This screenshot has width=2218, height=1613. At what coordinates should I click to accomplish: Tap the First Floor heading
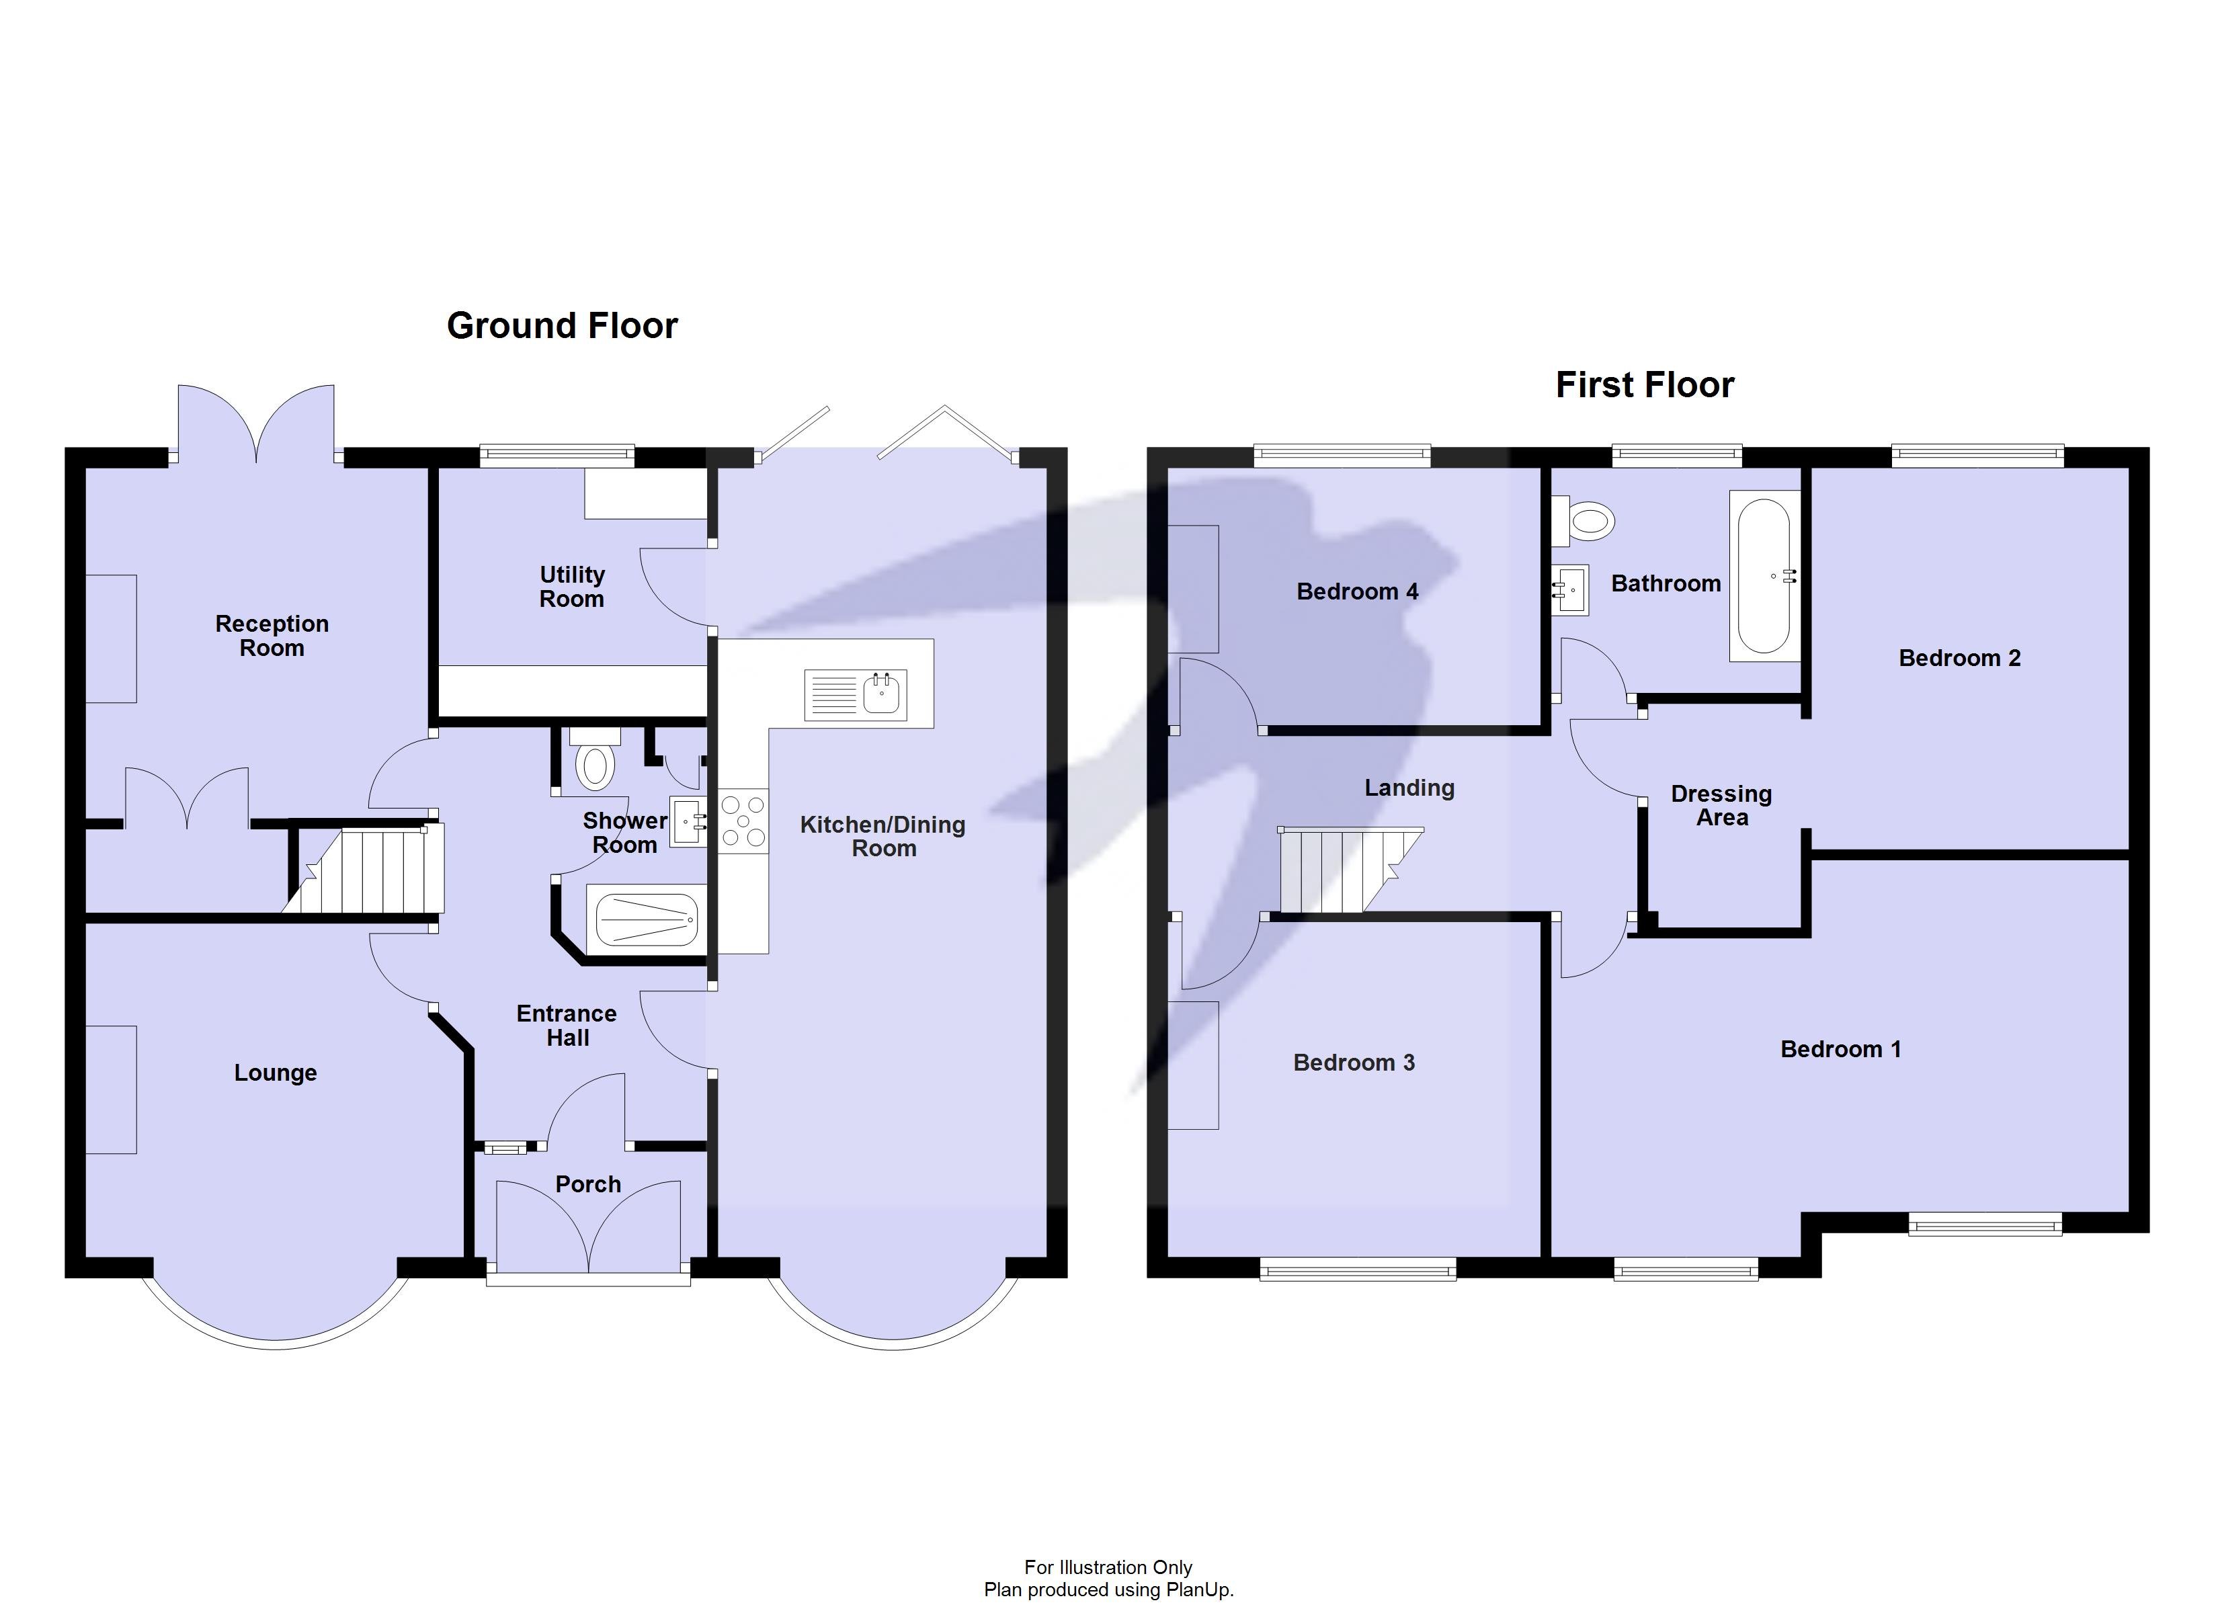(1644, 384)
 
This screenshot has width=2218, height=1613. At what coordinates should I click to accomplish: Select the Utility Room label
(571, 587)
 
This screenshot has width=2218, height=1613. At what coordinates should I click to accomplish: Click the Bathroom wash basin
(1569, 590)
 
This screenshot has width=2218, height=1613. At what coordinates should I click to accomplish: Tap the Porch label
(587, 1185)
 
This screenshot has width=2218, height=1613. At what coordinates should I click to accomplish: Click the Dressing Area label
(1721, 806)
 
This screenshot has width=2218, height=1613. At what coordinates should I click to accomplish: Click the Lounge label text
(275, 1073)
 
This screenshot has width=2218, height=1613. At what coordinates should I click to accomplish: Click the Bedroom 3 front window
(1358, 1271)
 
